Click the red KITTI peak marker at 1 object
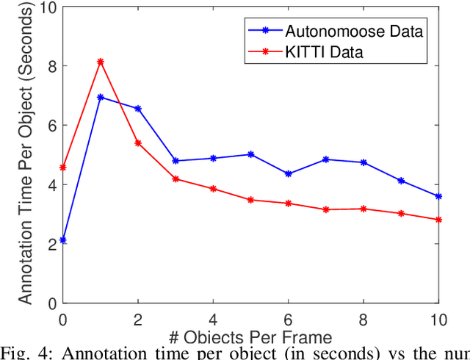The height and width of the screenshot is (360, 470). click(101, 62)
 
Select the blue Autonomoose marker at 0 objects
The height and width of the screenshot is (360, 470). click(63, 240)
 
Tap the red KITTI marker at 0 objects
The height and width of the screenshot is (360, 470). click(63, 168)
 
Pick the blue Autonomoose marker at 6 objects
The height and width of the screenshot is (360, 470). click(289, 174)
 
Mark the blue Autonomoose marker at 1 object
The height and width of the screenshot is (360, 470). click(101, 97)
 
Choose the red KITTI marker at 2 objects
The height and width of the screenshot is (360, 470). click(138, 143)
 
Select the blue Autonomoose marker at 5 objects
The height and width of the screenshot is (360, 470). click(251, 154)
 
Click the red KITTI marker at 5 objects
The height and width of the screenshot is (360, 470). click(251, 200)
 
